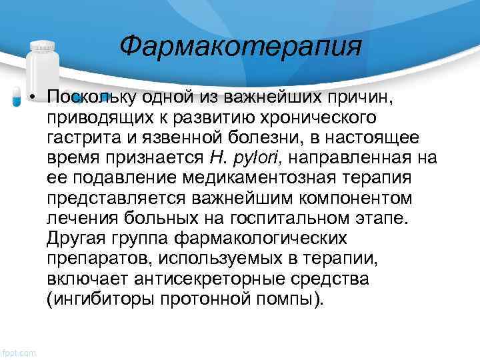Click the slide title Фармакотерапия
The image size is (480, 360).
tap(241, 47)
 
